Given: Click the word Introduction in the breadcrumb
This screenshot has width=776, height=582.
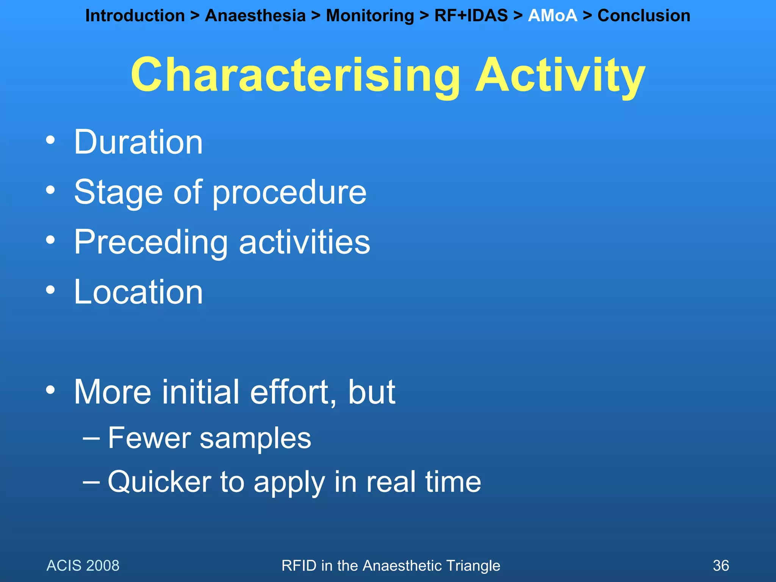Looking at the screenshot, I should click(x=135, y=16).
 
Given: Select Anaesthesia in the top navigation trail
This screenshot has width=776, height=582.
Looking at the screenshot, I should click(x=255, y=16).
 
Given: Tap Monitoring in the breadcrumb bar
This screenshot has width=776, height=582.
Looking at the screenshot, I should click(x=370, y=16).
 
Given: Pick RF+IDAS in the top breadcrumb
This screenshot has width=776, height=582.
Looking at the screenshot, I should click(x=471, y=16).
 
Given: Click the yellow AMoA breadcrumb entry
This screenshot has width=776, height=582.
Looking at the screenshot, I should click(x=552, y=16).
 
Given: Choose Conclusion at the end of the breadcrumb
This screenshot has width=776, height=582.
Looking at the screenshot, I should click(x=643, y=16).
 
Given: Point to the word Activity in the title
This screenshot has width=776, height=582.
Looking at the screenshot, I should click(x=560, y=75).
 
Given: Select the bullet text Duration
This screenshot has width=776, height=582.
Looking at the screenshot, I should click(x=138, y=142).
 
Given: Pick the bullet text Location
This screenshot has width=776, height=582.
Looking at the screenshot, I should click(x=138, y=292).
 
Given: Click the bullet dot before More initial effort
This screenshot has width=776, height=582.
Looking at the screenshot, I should click(x=50, y=390).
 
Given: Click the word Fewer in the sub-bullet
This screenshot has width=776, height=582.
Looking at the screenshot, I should click(x=149, y=438).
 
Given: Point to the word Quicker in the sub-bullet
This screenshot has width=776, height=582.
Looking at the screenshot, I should click(x=159, y=482).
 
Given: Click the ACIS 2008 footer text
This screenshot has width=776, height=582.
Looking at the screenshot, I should click(x=83, y=566).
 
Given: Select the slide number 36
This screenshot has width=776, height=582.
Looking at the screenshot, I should click(x=721, y=566).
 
